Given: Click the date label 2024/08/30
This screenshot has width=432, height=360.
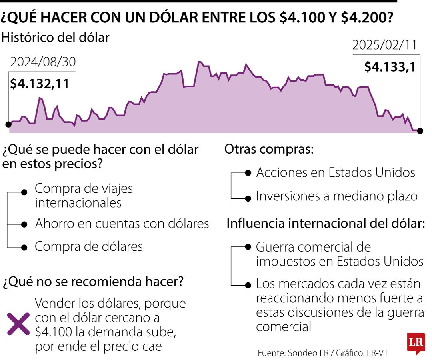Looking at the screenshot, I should coord(43,62).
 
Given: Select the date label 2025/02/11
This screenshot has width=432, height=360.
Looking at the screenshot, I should coord(384,45).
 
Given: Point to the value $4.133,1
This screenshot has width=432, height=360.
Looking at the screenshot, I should coord(390,66).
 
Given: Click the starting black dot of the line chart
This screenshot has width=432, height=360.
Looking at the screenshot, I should coord(8,124).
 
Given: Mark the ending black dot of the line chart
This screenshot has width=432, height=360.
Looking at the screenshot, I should coord(420,130).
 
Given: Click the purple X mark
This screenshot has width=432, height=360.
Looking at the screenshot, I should coord(19,324).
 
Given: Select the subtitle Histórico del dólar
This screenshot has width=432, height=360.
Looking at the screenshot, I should coord(56,38).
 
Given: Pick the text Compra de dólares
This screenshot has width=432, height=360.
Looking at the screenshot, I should coord(88,246).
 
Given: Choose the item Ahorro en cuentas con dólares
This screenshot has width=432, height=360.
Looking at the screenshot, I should coord(122,223).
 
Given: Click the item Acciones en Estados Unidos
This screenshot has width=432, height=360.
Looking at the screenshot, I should coord(335,172).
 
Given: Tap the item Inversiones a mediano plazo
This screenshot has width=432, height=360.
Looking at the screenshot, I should coord(336,196).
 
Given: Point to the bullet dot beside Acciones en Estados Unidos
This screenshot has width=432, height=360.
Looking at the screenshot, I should coord(248,173).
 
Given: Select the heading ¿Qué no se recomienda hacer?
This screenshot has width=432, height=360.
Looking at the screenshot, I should coord(94,282).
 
